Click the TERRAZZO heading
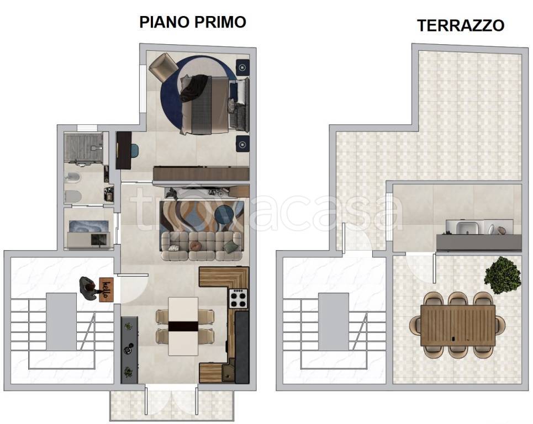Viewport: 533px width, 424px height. pos(460,25)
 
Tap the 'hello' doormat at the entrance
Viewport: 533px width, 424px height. pos(106,288)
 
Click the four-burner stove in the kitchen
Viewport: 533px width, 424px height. pos(239,299)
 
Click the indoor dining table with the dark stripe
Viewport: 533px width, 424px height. pos(183,326)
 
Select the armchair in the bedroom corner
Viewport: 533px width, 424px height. pos(162,65)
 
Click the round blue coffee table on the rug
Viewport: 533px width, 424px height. pos(225,216)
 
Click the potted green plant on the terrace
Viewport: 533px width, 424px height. pos(503,274)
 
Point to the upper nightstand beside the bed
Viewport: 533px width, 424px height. pos(242,67)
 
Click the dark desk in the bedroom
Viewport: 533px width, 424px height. pos(124,150)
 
